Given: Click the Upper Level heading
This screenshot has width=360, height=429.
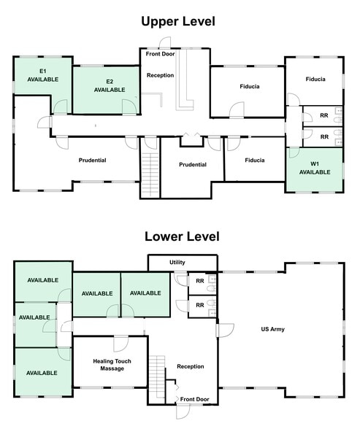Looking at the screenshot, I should click(x=179, y=22).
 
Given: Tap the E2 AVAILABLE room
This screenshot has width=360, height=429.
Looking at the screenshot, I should click(x=109, y=85).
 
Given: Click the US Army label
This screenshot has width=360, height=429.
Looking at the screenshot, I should click(x=272, y=330).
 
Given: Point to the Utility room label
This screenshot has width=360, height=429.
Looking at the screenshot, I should click(x=177, y=262).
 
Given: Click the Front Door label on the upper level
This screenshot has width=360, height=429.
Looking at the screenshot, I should click(x=161, y=53).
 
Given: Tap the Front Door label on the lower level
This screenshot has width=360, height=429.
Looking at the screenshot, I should click(x=194, y=399).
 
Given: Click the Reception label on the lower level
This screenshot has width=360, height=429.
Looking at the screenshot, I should click(x=191, y=366).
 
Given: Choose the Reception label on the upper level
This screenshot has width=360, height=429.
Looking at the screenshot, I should click(x=160, y=75).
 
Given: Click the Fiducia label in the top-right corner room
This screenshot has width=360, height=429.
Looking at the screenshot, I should click(x=315, y=79).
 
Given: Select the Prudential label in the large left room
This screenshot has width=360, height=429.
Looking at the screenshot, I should click(x=93, y=161).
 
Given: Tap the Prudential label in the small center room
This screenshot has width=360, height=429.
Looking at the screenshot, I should click(x=193, y=165).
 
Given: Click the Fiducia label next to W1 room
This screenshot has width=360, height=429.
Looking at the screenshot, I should click(x=255, y=161).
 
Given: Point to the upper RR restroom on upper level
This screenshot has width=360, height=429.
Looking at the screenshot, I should click(x=323, y=116).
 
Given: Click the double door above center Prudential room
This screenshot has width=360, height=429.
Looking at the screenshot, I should click(x=191, y=135).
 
